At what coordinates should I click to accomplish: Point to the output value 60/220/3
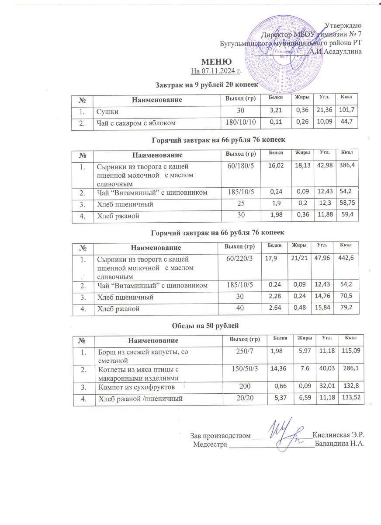[x=239, y=260]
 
